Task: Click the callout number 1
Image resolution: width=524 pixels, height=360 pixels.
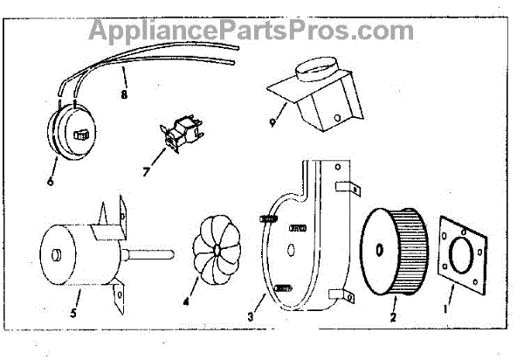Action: click(448, 308)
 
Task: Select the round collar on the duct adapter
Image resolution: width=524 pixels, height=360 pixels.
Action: click(312, 67)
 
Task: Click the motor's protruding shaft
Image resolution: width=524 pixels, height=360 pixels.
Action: click(156, 254)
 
